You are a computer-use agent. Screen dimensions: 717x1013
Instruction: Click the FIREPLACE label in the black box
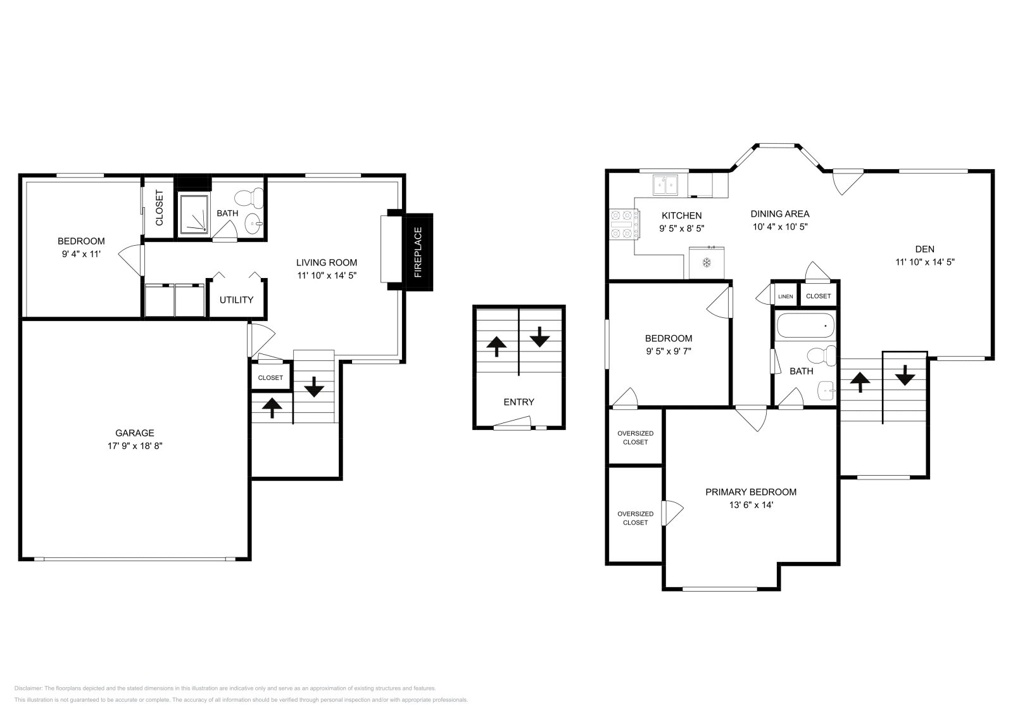pos(418,253)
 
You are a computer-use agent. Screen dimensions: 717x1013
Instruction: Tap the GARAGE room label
pos(134,433)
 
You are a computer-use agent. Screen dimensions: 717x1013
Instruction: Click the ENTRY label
pos(519,402)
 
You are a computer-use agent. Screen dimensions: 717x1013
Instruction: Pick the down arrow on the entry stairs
pos(539,336)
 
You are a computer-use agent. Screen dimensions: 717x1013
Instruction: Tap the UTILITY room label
pos(236,300)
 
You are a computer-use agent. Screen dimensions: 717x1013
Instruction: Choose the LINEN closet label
pos(785,296)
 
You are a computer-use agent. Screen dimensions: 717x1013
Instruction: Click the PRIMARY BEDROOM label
pos(751,492)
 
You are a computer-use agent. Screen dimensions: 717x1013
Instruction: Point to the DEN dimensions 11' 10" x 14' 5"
pos(924,261)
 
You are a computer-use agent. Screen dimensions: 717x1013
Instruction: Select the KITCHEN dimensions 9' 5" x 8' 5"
pos(681,228)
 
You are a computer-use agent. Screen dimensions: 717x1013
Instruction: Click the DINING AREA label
pos(780,213)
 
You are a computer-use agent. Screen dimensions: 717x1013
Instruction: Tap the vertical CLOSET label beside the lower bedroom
pos(159,208)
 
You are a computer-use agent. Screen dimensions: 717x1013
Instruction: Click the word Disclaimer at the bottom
pos(27,688)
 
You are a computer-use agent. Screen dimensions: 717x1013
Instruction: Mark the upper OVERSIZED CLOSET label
pos(635,438)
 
